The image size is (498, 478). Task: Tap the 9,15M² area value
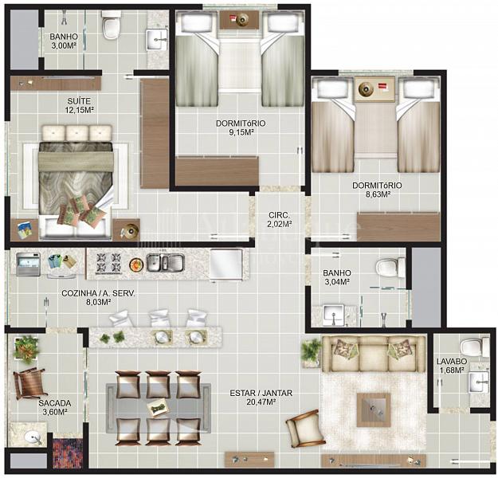[x=241, y=132]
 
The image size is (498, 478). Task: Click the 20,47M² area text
[x=261, y=402]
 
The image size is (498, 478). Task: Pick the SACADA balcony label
[x=55, y=403]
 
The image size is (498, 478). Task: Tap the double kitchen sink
[x=165, y=263]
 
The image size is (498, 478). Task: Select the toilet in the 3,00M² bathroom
[x=111, y=25]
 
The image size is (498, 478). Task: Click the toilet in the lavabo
[x=475, y=347]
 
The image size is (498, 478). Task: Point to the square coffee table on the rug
[x=374, y=409]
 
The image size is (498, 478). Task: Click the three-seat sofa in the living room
[x=374, y=354]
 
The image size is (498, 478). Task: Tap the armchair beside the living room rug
[x=304, y=429]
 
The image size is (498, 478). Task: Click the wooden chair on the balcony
[x=29, y=382]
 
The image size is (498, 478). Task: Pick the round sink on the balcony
[x=33, y=437]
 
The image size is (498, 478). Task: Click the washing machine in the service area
[x=28, y=264]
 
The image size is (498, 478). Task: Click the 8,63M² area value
[x=378, y=194]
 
